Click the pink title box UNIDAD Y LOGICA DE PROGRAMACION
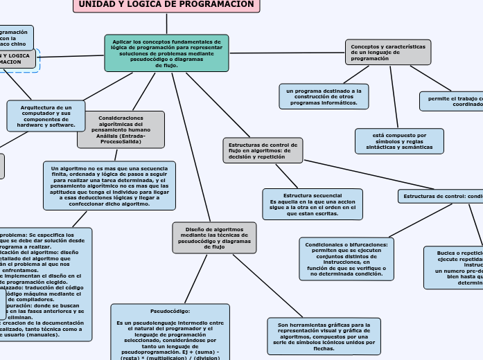[166, 6]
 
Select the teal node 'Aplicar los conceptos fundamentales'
[166, 53]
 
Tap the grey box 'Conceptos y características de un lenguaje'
[388, 53]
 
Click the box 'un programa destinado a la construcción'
[324, 97]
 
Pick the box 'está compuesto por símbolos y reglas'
[398, 141]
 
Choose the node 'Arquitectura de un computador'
[46, 116]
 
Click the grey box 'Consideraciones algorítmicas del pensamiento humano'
[121, 129]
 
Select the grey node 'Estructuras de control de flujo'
[263, 150]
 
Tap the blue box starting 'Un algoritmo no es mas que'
[109, 186]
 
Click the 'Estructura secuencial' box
[313, 204]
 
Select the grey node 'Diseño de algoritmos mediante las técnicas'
[214, 237]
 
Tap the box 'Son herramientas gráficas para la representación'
[324, 336]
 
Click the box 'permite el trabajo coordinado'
[452, 101]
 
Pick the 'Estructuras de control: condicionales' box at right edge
[441, 197]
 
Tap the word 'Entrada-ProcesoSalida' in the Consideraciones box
[121, 141]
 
